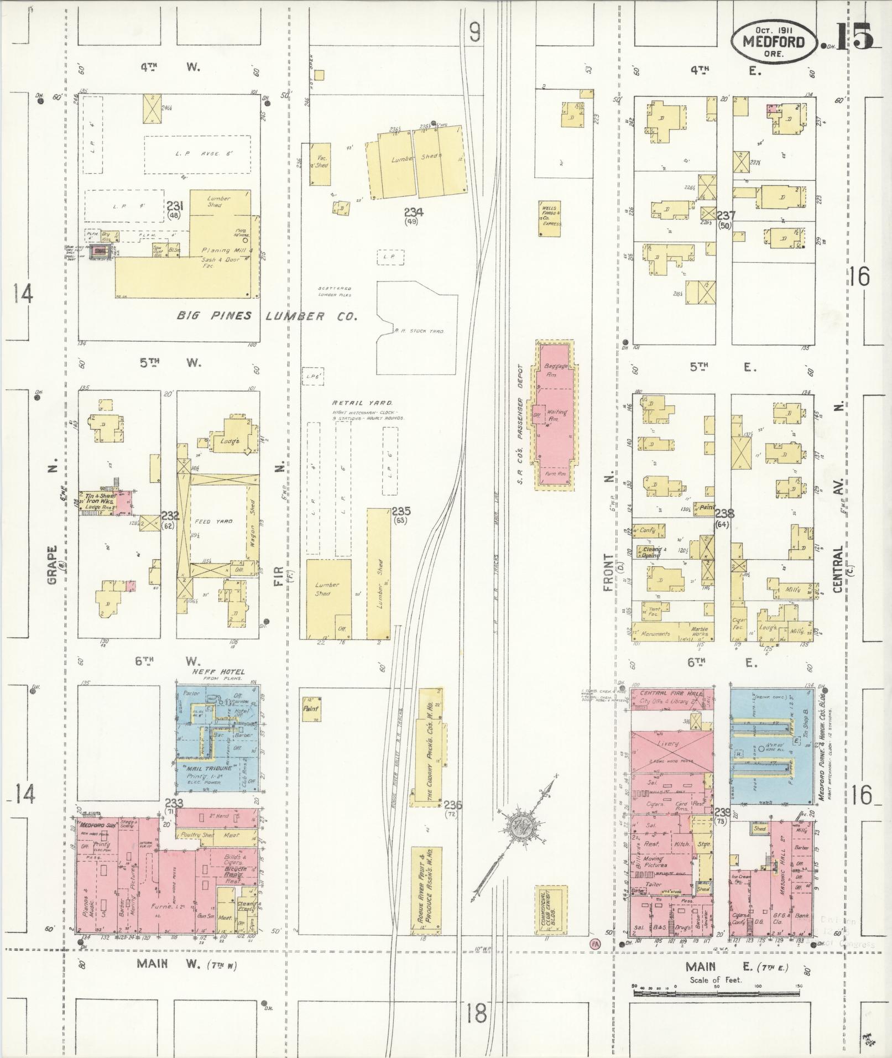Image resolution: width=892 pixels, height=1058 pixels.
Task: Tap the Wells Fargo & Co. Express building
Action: [549, 218]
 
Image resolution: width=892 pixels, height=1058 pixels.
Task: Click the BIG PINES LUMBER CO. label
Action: [267, 316]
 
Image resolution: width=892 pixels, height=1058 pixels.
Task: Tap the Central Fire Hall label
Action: [672, 693]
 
